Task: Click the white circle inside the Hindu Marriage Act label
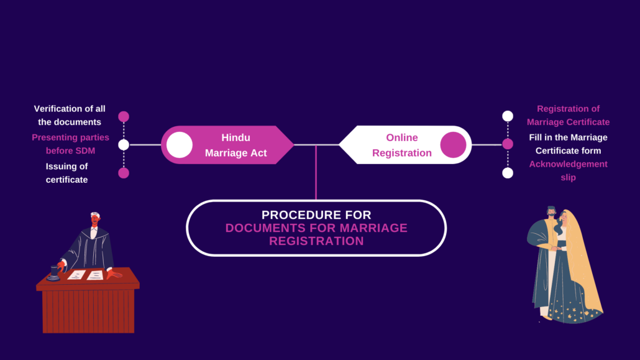point(180,145)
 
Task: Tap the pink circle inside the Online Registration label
point(453,145)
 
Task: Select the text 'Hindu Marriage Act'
point(235,145)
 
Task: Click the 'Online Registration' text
point(401,145)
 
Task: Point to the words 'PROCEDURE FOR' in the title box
point(316,215)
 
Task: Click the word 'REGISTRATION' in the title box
point(316,241)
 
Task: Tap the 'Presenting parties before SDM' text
point(70,144)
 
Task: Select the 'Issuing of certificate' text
point(66,173)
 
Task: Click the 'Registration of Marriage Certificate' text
point(568,115)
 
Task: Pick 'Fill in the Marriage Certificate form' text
point(568,144)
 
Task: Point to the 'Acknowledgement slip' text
point(568,170)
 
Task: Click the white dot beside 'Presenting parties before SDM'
point(124,145)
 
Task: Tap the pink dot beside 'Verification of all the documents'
point(124,116)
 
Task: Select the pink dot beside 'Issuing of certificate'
point(124,173)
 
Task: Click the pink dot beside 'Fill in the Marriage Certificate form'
point(508,144)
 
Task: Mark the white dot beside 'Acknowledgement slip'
point(508,173)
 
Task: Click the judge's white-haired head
point(94,218)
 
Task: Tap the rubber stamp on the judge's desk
point(54,273)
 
